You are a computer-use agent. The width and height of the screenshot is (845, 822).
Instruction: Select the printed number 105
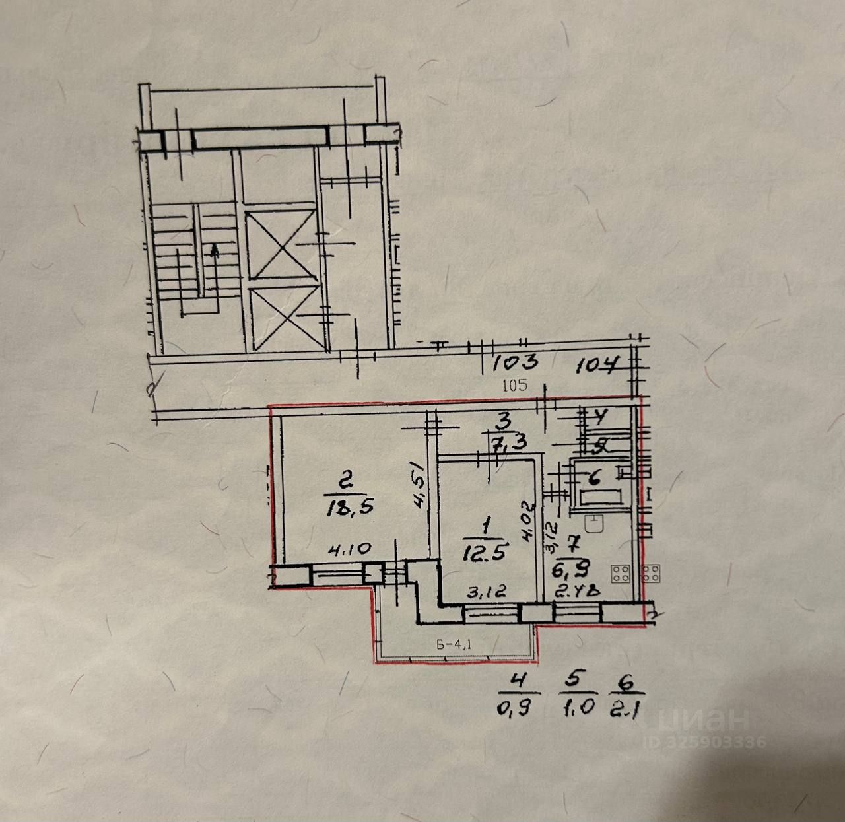(x=515, y=386)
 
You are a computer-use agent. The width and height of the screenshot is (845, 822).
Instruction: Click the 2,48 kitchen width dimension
(x=576, y=592)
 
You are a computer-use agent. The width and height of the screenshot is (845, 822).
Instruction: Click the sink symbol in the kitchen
(x=597, y=524)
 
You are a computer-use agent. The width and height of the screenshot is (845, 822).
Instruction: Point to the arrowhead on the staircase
(x=213, y=250)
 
